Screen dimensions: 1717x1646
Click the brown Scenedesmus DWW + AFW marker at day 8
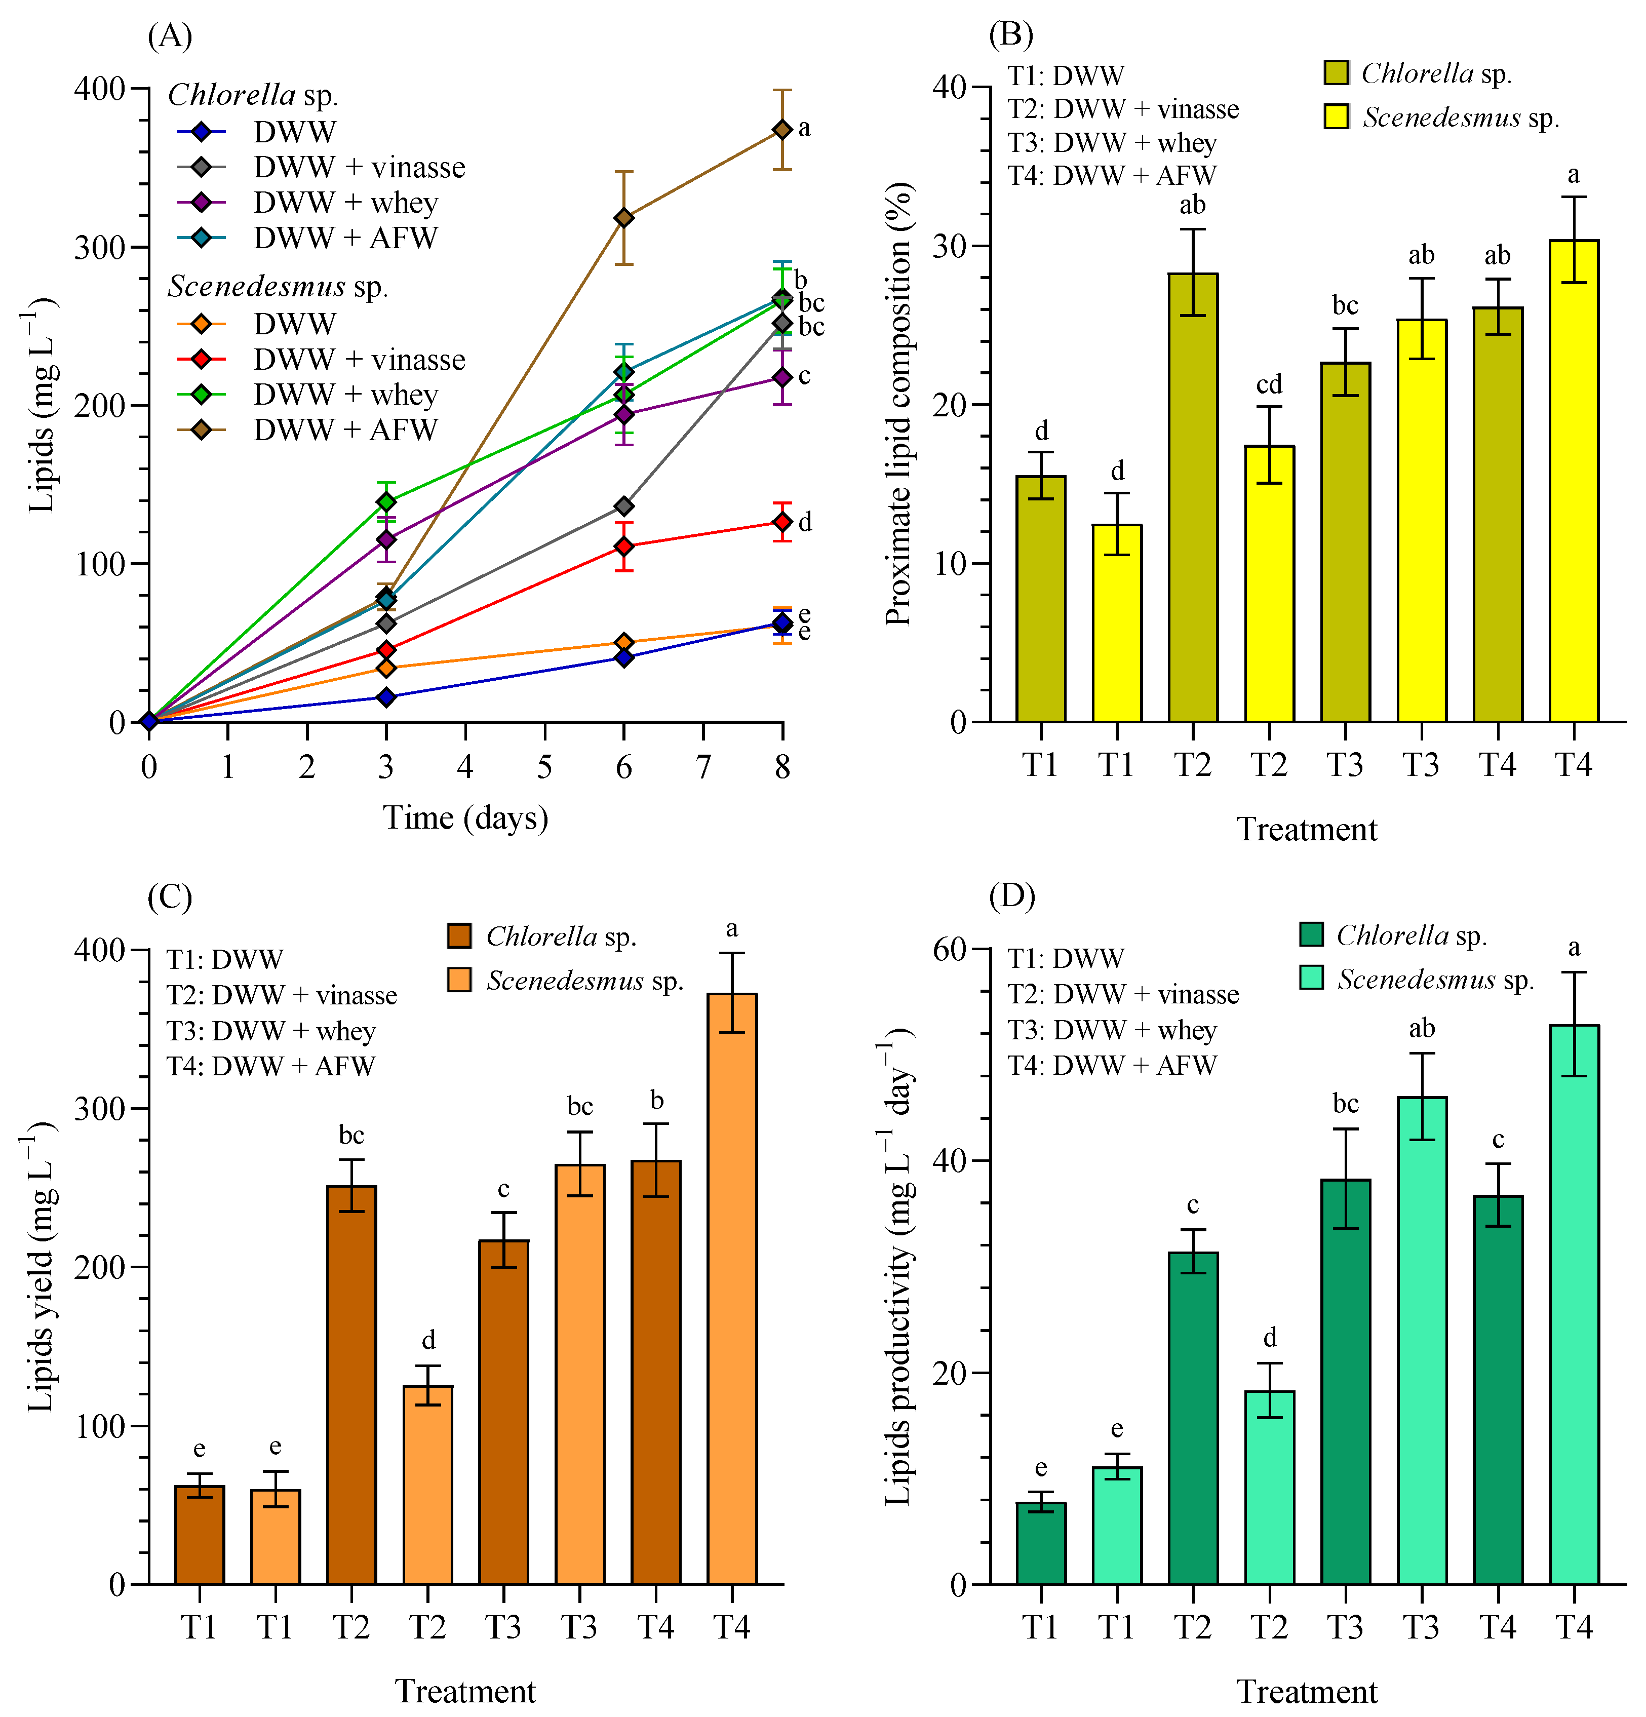(782, 130)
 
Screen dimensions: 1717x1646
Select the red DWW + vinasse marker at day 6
(624, 546)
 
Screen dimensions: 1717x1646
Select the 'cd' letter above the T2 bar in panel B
(1269, 384)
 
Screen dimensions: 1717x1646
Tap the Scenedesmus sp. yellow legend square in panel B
(1336, 116)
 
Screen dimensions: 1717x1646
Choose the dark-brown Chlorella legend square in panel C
(459, 935)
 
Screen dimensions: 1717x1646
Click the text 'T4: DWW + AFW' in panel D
(1112, 1065)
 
